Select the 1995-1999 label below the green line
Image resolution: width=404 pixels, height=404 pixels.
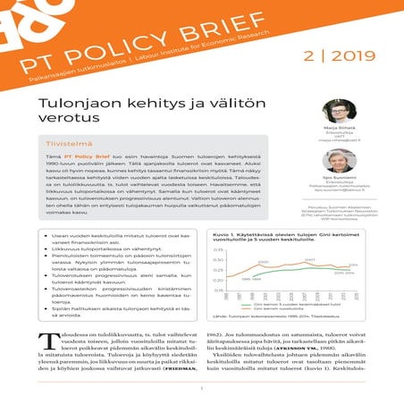pyautogui.click(x=251, y=279)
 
